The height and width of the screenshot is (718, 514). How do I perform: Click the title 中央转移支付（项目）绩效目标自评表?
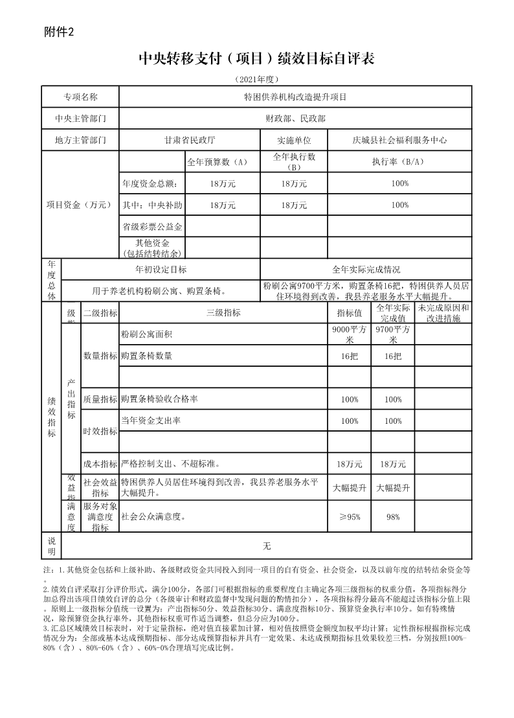(257, 59)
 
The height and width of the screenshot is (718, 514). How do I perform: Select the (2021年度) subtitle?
(257, 79)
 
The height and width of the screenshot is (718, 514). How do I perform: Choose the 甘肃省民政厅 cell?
(190, 140)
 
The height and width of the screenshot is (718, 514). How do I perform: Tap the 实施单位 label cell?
(294, 140)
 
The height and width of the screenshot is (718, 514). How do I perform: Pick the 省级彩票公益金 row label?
(152, 227)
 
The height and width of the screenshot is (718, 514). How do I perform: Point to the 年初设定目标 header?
(161, 270)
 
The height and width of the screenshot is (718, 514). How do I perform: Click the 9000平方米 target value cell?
(350, 334)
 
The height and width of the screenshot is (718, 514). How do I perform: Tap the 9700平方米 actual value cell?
(393, 334)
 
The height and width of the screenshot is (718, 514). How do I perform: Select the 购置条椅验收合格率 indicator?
(159, 399)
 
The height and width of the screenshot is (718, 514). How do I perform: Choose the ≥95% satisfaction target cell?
(350, 516)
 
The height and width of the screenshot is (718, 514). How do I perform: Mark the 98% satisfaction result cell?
(393, 516)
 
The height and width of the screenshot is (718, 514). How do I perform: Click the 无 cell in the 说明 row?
(266, 546)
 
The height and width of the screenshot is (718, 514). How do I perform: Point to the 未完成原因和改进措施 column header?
(443, 313)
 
